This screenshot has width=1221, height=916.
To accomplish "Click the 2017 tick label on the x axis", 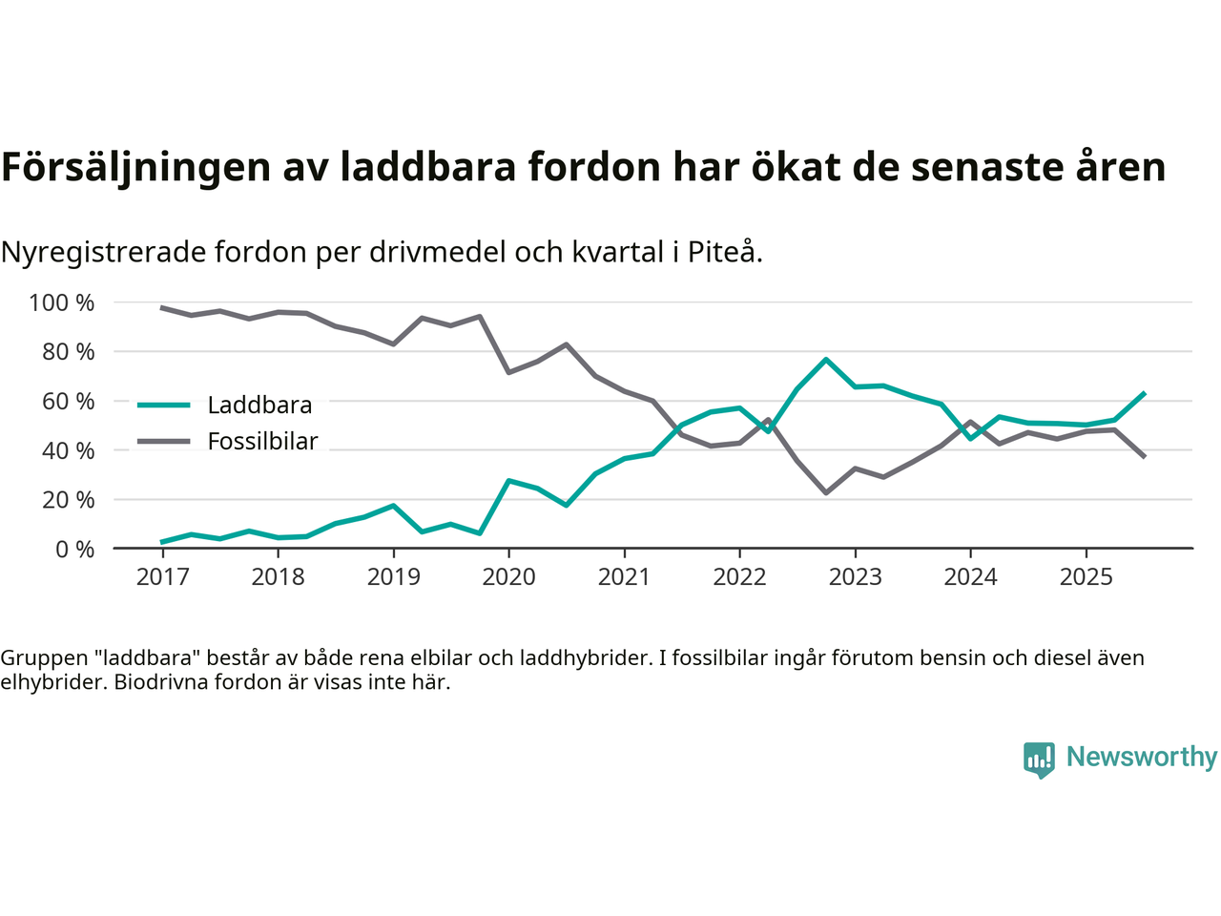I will point(162,577).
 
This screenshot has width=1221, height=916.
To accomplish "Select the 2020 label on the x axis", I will point(508,577).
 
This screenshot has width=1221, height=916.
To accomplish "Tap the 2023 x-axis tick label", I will point(855,577).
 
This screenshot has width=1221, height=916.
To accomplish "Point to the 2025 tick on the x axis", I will point(1086,577).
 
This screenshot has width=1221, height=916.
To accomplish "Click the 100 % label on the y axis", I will point(62,303).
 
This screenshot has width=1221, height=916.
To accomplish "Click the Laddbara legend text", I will point(259,406).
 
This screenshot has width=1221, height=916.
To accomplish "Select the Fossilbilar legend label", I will point(262,442).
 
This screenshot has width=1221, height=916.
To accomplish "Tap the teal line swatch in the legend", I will point(164,406).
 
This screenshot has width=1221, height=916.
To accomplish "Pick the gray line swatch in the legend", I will point(164,442).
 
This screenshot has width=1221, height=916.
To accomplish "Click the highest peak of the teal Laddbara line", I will point(826,360).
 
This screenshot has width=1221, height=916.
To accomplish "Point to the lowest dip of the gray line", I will point(826,492).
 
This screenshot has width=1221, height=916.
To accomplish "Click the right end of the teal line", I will point(1144,393).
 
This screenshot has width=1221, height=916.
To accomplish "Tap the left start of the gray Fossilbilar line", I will point(162,307).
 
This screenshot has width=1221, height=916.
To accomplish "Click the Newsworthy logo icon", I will point(1039,760).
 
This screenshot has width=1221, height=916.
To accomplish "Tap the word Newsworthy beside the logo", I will point(1142,757).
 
